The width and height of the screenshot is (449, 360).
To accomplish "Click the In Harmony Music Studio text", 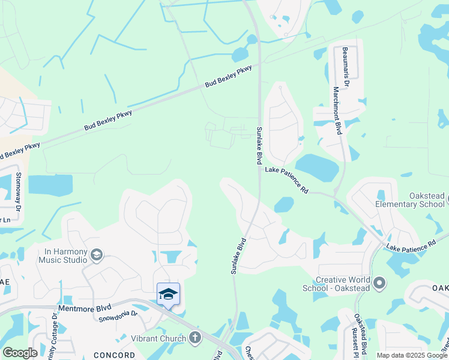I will [x=62, y=256].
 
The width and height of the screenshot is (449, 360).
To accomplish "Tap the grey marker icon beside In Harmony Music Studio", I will [x=96, y=256].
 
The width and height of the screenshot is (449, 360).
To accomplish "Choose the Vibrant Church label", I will [x=158, y=338].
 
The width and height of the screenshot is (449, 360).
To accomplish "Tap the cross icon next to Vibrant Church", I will [x=194, y=338].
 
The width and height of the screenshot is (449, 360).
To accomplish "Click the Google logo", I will [x=20, y=353].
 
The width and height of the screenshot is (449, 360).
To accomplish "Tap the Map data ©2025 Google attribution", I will [x=412, y=355].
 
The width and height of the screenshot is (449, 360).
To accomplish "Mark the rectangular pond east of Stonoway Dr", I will [x=50, y=185].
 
